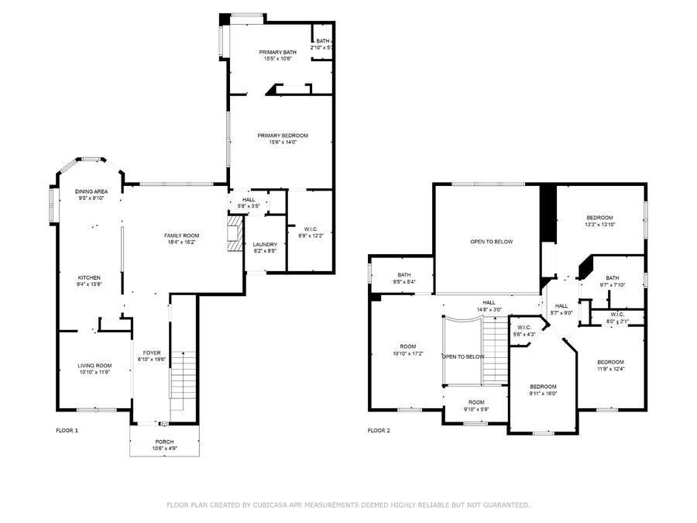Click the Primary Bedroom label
coord(283,136)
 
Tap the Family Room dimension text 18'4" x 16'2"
coord(182,243)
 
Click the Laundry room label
coord(265,245)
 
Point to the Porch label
coord(164,442)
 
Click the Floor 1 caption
coord(67,431)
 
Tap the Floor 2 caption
coord(379,431)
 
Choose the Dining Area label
coord(91,191)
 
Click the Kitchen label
coord(89,277)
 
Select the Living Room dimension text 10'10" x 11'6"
coord(94,373)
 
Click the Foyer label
coord(152,353)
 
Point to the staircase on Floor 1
coord(183,380)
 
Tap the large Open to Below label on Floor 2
coord(492,242)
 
